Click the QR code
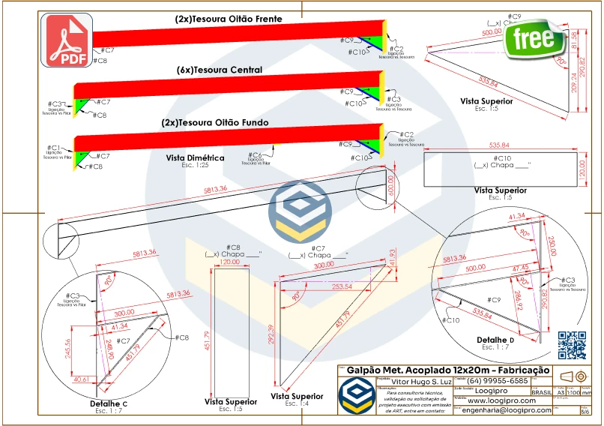572,344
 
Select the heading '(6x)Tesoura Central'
220,70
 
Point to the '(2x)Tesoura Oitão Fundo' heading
215,122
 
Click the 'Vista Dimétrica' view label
195,158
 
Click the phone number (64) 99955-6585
501,381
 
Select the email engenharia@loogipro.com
507,409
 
